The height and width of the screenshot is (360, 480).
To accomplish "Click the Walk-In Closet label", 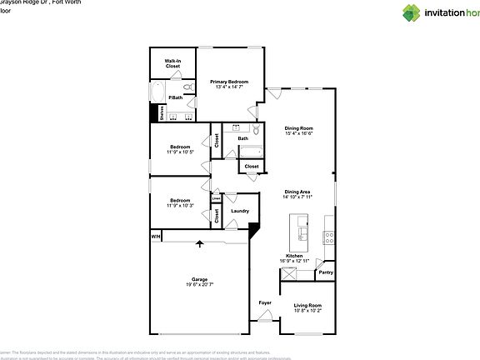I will (172, 62).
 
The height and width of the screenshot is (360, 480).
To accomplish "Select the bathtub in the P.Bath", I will (158, 91).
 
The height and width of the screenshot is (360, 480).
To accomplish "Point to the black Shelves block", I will (154, 113).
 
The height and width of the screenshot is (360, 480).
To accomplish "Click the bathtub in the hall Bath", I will (250, 152).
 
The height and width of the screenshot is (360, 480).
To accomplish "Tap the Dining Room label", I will (298, 127).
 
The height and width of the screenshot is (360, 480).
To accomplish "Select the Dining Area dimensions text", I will (297, 197).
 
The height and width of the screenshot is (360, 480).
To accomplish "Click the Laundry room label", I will (240, 211).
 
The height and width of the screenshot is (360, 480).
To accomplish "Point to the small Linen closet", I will (216, 198).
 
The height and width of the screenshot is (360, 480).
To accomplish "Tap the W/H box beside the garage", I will (155, 237).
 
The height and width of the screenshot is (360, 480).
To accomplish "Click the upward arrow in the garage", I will (200, 244).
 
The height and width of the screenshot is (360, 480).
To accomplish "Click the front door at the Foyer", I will (266, 317).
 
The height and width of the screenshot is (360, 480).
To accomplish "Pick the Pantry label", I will (326, 272).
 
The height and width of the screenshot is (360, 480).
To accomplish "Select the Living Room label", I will (307, 305).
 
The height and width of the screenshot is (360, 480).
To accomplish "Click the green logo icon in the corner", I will (412, 12).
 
